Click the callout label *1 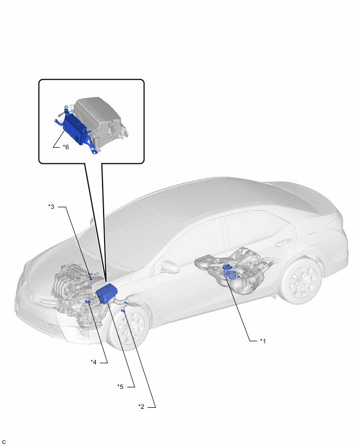tap(263, 341)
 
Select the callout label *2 tap(141, 407)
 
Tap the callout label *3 tap(51, 206)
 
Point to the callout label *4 tap(94, 362)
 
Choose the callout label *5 tap(120, 386)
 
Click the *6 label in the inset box tap(66, 147)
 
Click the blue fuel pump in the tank tap(230, 271)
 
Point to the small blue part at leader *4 tap(88, 302)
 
